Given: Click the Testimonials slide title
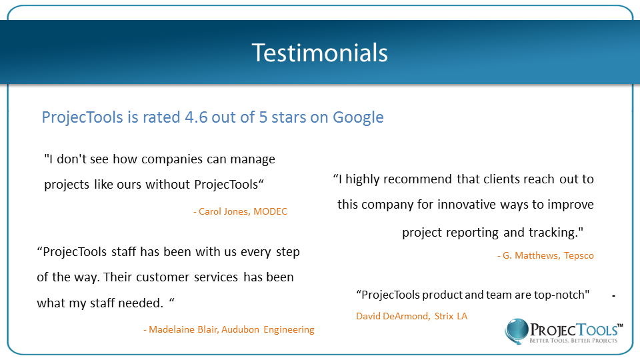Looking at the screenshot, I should coord(319,52).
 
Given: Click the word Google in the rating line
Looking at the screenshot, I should coord(358,117).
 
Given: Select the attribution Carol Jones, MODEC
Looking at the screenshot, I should coord(240,211).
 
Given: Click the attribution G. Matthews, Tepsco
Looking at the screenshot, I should coord(545,255).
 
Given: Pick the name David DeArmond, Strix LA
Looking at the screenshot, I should coord(412,316).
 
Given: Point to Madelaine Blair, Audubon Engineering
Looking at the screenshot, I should coord(229,329).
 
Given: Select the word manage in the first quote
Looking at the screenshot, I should coord(252,159).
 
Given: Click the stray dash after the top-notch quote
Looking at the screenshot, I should coord(613,295).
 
